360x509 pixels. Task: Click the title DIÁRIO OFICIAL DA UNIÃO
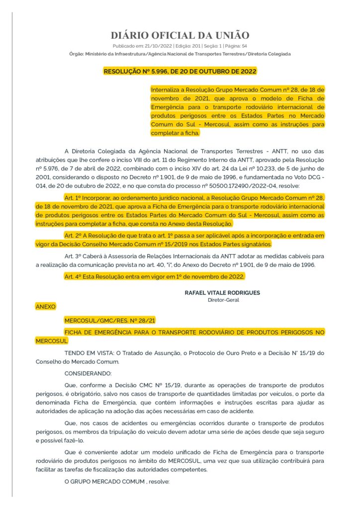click(x=180, y=35)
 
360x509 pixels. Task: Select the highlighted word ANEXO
click(x=46, y=307)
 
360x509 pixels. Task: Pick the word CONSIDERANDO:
click(x=89, y=373)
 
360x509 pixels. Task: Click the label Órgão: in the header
click(x=76, y=53)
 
